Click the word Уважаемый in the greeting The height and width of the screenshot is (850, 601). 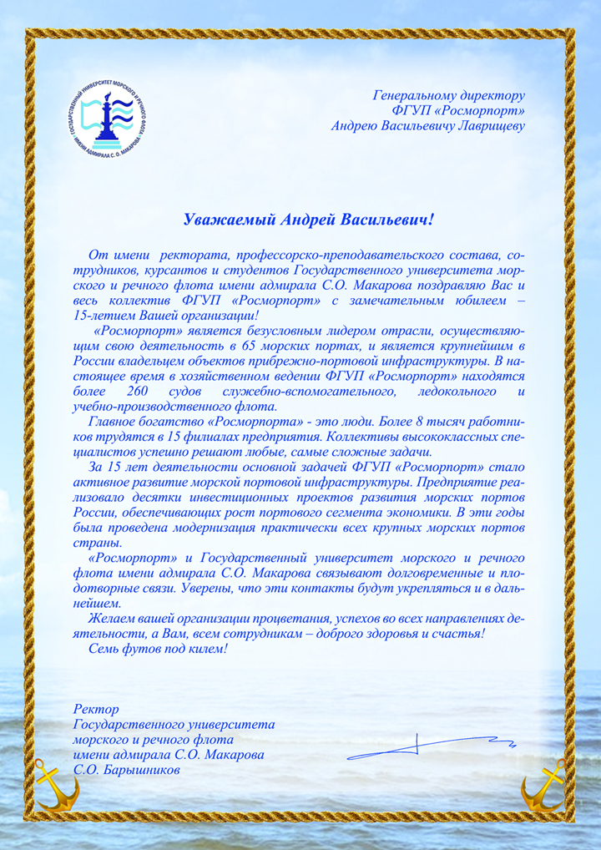228,220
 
